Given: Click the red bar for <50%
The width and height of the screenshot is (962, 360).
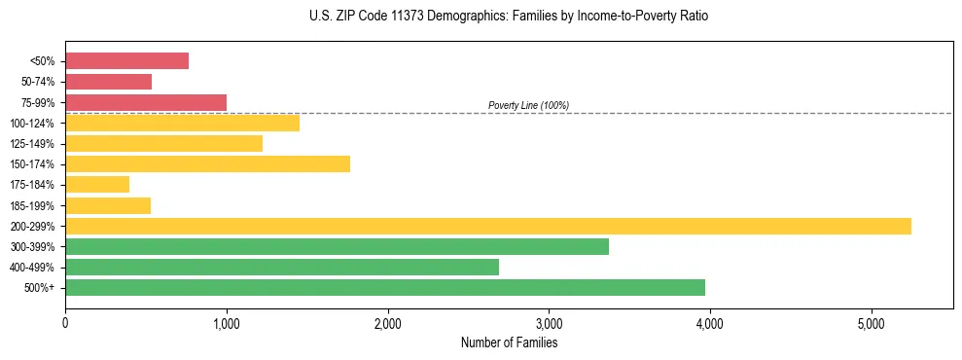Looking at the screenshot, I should pyautogui.click(x=126, y=60).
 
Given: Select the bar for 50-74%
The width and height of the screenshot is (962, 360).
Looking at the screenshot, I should pyautogui.click(x=108, y=82).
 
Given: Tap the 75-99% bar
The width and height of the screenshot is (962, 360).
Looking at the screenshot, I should pyautogui.click(x=146, y=102).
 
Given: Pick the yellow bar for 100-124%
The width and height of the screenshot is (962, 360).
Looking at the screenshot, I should pyautogui.click(x=182, y=123).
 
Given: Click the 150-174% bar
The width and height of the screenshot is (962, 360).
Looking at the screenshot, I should pyautogui.click(x=207, y=163).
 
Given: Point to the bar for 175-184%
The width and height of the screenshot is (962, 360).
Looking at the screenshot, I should pyautogui.click(x=97, y=184).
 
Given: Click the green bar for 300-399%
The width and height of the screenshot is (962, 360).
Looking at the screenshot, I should pyautogui.click(x=337, y=246).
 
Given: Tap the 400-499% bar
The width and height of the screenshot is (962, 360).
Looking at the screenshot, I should pyautogui.click(x=282, y=267).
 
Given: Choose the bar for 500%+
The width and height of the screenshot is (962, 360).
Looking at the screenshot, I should pyautogui.click(x=385, y=287).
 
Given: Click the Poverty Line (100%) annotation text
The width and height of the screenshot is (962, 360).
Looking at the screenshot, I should pyautogui.click(x=528, y=105).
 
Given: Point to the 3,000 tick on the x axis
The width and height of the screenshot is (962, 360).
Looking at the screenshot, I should pyautogui.click(x=549, y=322).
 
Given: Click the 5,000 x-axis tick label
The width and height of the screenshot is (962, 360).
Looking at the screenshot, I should pyautogui.click(x=872, y=322).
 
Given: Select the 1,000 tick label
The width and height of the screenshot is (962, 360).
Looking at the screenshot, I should pyautogui.click(x=227, y=322).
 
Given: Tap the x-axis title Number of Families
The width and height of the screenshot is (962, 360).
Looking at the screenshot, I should pyautogui.click(x=509, y=342).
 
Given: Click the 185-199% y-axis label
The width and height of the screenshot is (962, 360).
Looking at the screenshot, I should pyautogui.click(x=32, y=205).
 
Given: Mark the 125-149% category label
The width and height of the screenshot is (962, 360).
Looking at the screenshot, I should pyautogui.click(x=32, y=143).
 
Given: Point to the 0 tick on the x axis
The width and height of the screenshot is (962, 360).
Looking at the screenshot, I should pyautogui.click(x=65, y=322).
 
